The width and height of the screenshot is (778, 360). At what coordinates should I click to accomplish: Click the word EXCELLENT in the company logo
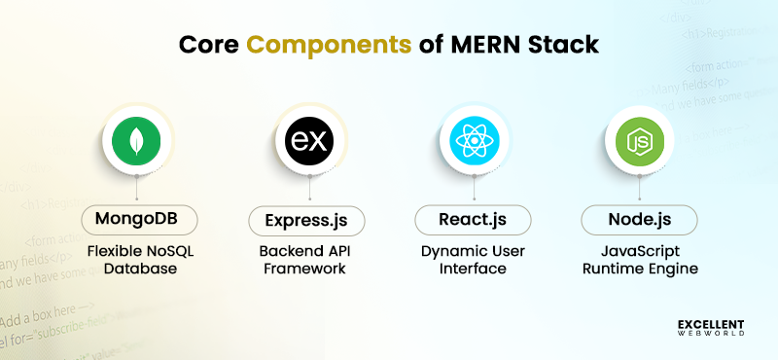click(711, 322)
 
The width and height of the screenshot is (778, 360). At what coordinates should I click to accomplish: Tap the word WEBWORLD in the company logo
click(711, 334)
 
